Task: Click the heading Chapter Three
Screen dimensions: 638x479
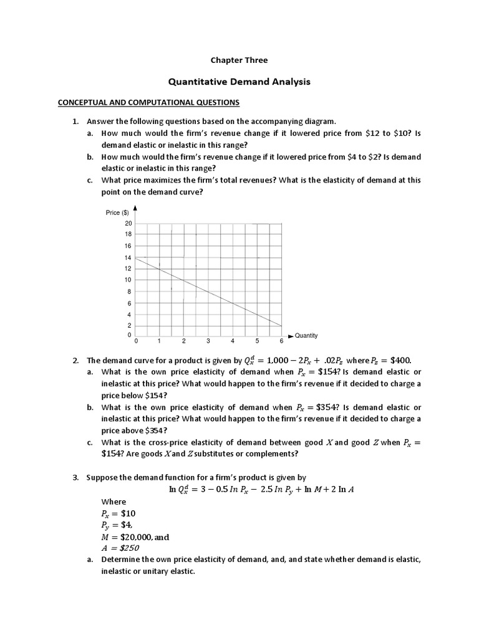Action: coord(239,60)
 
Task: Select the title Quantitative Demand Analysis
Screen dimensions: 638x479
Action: coord(239,82)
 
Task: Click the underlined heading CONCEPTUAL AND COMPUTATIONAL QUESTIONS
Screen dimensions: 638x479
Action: coord(148,102)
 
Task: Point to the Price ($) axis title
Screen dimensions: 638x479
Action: coord(117,213)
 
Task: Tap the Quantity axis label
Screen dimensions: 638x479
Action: coord(306,335)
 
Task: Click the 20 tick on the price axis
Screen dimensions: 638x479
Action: coord(128,223)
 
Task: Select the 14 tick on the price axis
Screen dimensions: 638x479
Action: coord(128,257)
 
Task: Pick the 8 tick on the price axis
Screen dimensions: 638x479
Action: coord(128,292)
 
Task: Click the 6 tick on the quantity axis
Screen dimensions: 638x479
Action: coord(281,342)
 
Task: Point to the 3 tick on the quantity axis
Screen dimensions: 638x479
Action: coord(208,342)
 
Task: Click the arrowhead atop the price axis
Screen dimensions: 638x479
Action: coord(135,209)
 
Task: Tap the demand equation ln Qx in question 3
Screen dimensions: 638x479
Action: coord(262,490)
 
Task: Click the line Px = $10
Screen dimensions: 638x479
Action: coord(119,513)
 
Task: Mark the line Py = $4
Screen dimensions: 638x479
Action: coord(117,525)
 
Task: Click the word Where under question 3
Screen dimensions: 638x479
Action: coord(114,502)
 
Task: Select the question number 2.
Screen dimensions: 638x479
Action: coord(75,361)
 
